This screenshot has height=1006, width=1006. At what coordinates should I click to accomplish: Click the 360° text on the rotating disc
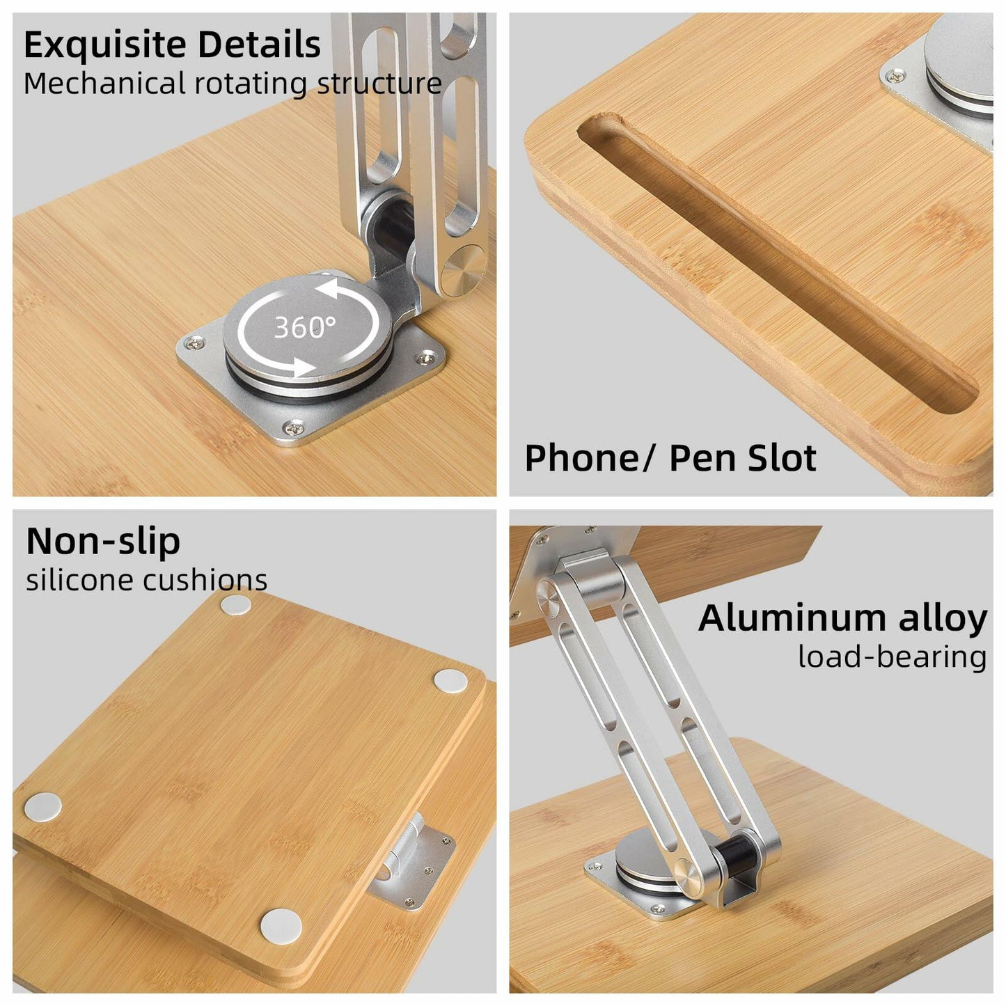coord(305,327)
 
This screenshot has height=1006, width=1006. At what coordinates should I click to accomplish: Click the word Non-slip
coord(103,542)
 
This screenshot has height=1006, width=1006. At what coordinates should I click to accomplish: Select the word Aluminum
coord(792,619)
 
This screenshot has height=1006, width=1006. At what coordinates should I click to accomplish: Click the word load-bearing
coord(893,657)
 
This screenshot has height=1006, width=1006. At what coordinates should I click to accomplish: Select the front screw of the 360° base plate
coord(295,429)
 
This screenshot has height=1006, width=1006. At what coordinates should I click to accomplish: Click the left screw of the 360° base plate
coord(196,343)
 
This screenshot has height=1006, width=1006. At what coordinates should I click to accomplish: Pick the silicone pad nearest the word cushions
coord(236,604)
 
